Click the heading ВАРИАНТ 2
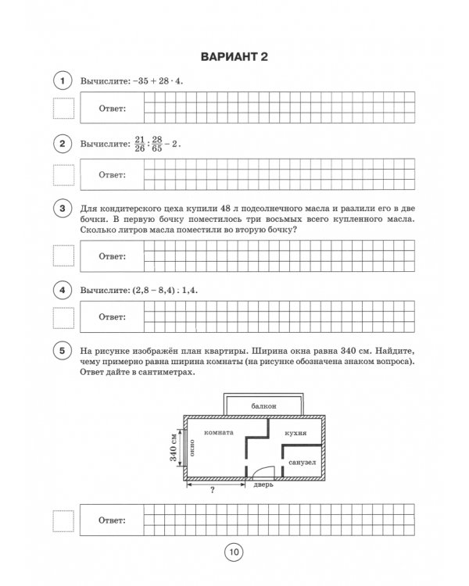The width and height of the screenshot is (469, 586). coord(234,56)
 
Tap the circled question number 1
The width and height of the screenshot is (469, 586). coord(61,81)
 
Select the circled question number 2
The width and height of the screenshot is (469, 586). coord(61,145)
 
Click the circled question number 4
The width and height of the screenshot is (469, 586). coord(61,290)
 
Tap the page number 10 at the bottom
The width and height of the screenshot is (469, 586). coord(234,552)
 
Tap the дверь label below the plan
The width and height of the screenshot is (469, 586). coord(263,485)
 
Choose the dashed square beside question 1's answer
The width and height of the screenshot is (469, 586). coord(62,109)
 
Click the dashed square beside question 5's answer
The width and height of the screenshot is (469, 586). coord(62,520)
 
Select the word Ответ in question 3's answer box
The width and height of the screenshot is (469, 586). coord(112,256)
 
